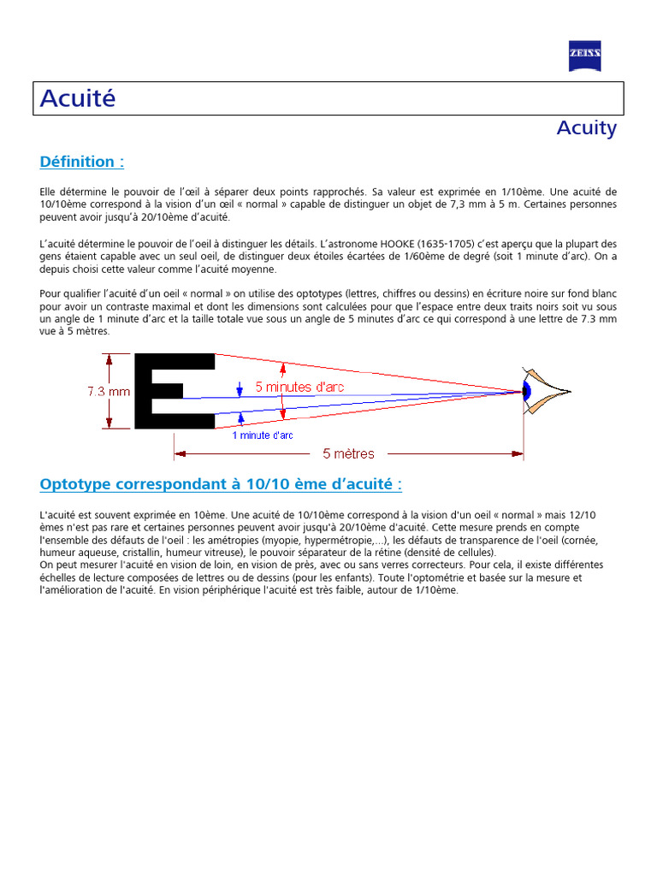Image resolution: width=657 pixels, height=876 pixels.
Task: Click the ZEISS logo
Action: click(x=585, y=56)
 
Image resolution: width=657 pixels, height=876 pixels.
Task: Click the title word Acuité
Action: click(x=78, y=98)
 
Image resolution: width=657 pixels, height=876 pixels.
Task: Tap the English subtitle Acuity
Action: click(x=586, y=127)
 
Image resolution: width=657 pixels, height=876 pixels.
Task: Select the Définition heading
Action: click(x=82, y=162)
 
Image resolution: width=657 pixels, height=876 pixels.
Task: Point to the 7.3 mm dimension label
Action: click(x=109, y=392)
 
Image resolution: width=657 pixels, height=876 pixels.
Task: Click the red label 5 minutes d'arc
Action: click(x=299, y=387)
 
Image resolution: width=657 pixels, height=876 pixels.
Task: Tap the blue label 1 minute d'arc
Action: click(x=263, y=435)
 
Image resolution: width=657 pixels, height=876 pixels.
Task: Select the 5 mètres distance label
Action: click(x=348, y=453)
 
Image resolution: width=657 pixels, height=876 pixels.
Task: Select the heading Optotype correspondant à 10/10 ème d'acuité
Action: click(x=221, y=485)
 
